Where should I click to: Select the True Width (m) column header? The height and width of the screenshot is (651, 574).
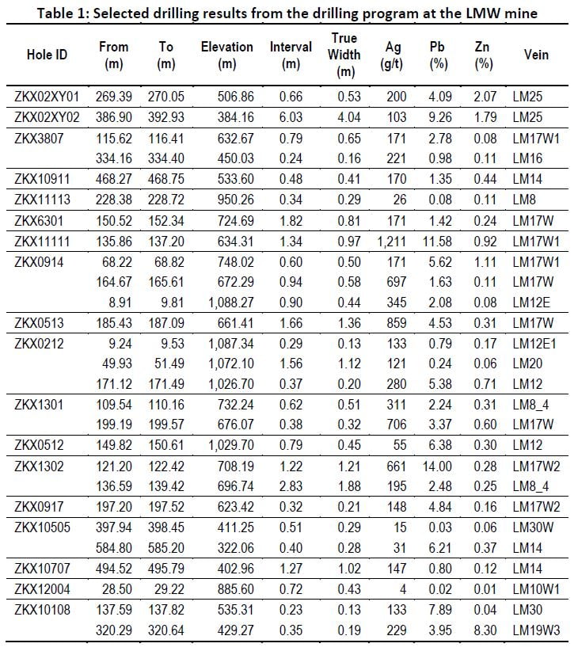click(344, 55)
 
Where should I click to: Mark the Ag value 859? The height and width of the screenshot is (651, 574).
click(396, 322)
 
